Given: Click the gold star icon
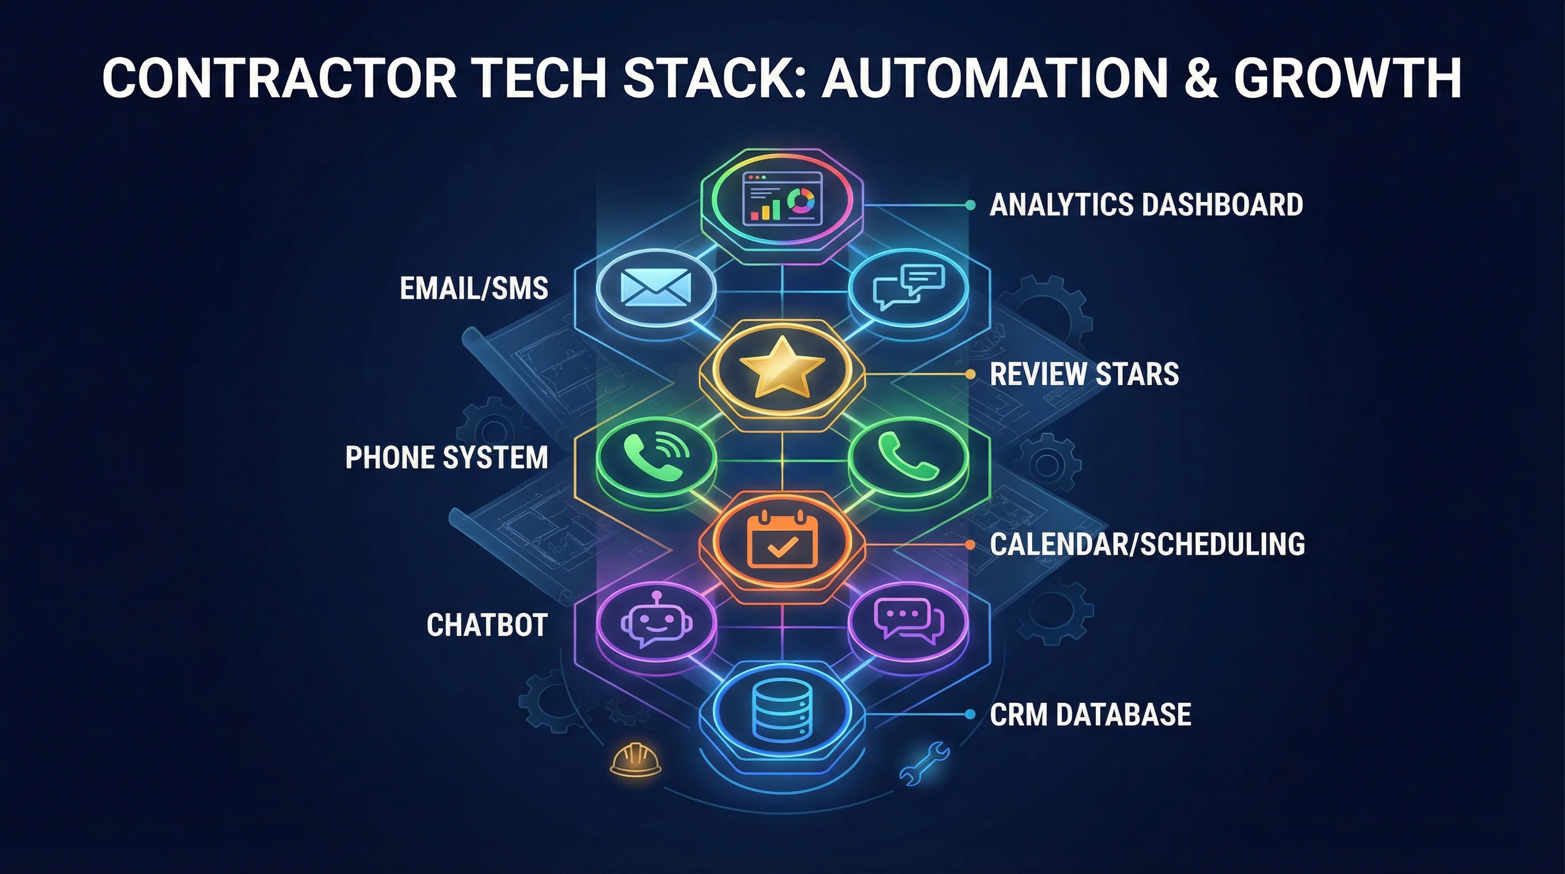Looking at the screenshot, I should (782, 366).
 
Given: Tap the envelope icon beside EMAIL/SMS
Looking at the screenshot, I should (656, 287).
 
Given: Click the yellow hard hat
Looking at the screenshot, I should (635, 759).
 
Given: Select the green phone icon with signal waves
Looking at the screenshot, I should (656, 456).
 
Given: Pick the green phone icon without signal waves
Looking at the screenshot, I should (908, 456).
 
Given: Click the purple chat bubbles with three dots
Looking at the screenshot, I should (908, 621).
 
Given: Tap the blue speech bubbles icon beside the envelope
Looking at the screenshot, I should (908, 286).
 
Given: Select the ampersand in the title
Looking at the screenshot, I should (1201, 78).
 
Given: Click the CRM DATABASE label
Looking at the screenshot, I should (1090, 714).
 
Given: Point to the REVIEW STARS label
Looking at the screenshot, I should (1084, 374).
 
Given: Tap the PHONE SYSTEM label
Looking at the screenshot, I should (446, 457).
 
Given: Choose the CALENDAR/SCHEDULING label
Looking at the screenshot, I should (1147, 544).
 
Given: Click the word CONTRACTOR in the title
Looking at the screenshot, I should (279, 78).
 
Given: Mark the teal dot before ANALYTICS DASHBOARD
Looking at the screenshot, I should (970, 205).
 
